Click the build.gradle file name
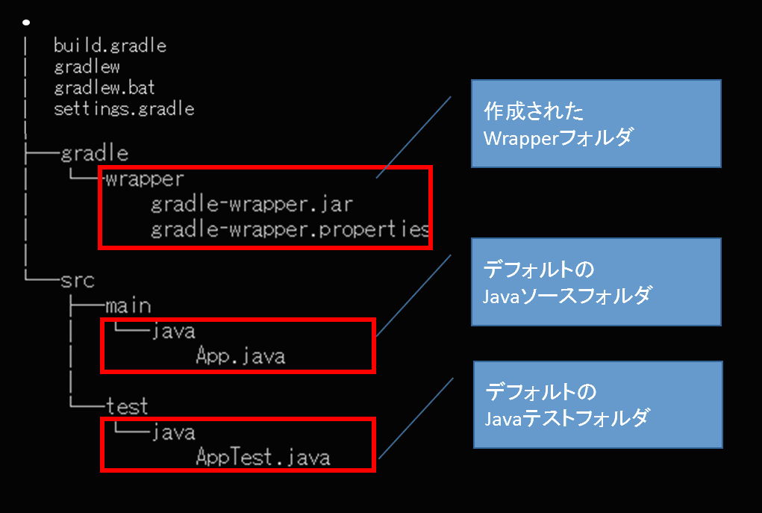click(x=110, y=46)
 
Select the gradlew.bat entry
click(x=104, y=88)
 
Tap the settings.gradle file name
click(x=124, y=109)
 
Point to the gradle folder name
click(x=94, y=154)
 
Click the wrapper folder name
click(x=144, y=179)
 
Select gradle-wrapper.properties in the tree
click(x=290, y=229)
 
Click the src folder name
click(x=78, y=280)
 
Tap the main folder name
click(x=128, y=305)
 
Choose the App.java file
click(x=240, y=356)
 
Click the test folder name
click(x=127, y=407)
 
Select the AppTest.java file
click(x=263, y=457)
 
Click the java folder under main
click(x=172, y=331)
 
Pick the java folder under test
click(x=172, y=432)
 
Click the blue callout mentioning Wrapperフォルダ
click(x=596, y=123)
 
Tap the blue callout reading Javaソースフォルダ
click(x=596, y=282)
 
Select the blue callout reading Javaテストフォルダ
click(x=599, y=404)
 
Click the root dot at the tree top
click(x=25, y=22)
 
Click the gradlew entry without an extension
click(x=87, y=67)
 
